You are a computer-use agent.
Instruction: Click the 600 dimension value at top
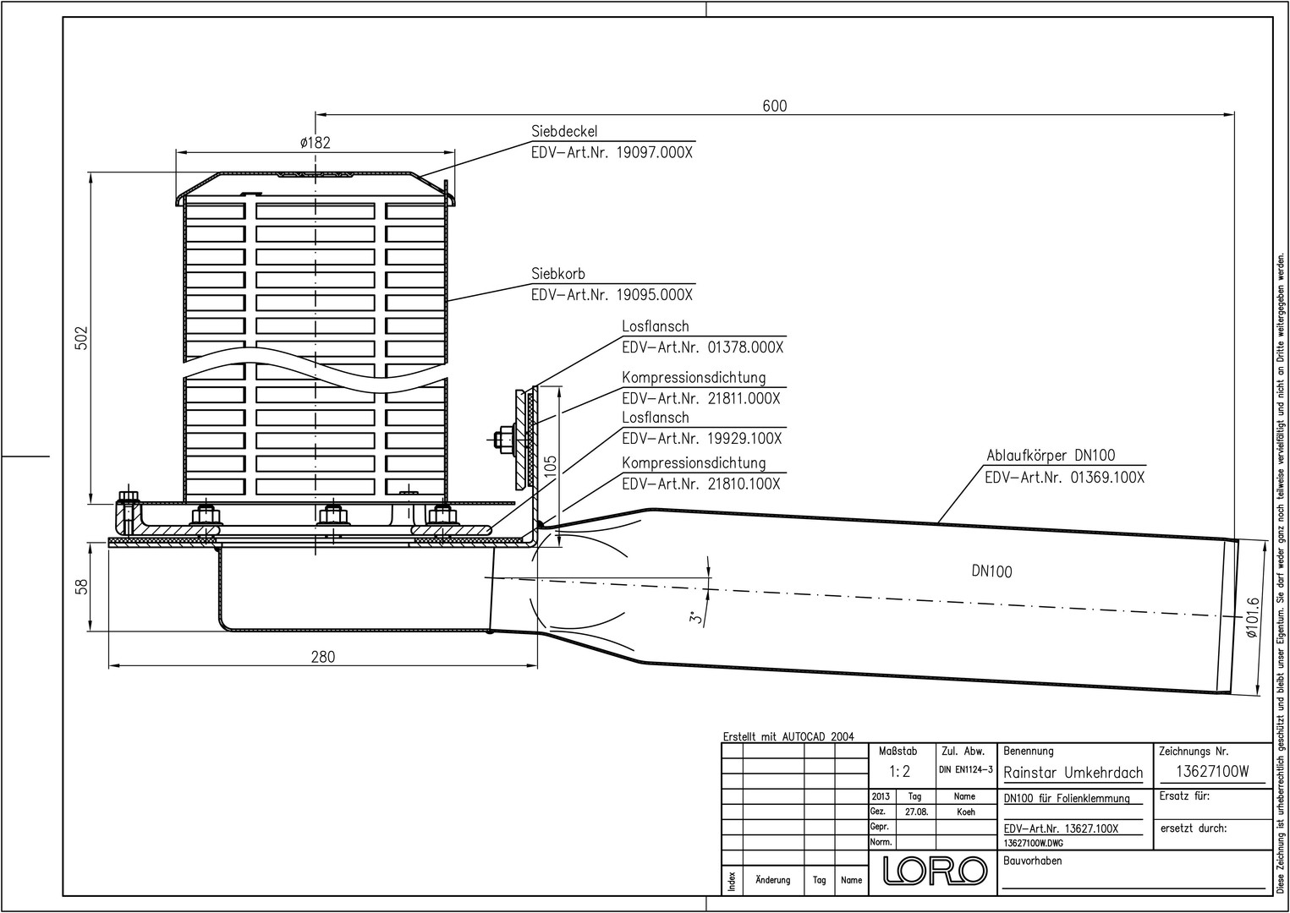tap(775, 106)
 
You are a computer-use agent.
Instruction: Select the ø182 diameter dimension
tap(316, 142)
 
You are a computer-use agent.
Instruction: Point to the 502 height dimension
tap(82, 338)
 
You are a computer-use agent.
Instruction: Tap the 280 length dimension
tap(323, 657)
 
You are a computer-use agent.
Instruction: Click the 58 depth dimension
tap(82, 587)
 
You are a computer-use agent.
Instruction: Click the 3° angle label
tap(697, 618)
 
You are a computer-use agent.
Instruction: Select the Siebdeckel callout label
tap(564, 132)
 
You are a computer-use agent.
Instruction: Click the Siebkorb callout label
tap(558, 273)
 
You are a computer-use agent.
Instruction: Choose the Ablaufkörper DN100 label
tap(1051, 456)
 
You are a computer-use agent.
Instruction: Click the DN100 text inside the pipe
tap(991, 571)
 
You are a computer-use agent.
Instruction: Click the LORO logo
tap(936, 870)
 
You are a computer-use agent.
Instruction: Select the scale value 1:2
tap(899, 771)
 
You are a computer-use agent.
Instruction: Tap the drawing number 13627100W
tap(1212, 771)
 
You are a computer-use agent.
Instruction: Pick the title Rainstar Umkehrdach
tap(1073, 773)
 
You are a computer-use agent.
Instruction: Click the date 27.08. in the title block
tap(916, 812)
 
